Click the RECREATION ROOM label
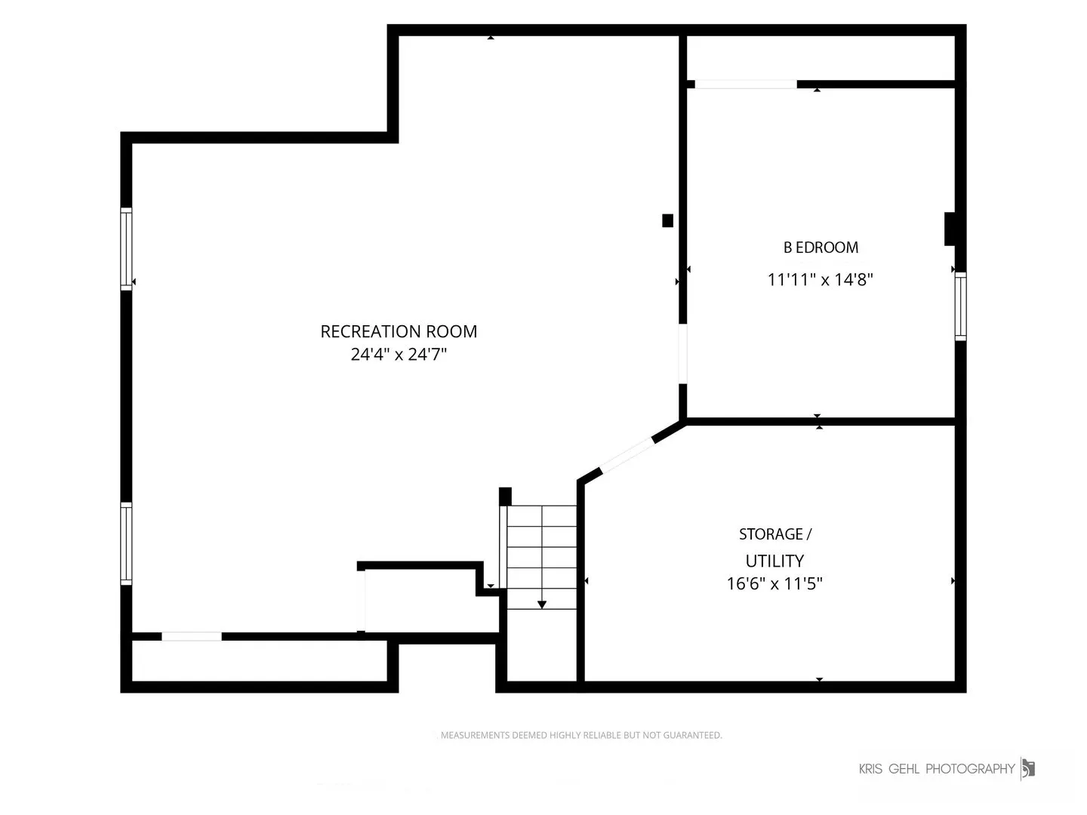[x=399, y=331]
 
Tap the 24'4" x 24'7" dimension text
[x=399, y=355]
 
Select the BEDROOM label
[x=821, y=248]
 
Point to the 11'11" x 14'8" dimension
[x=820, y=279]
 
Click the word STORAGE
[x=771, y=534]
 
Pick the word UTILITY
[x=774, y=561]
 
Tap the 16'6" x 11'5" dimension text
[x=774, y=584]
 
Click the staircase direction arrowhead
[x=542, y=604]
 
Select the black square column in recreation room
[x=667, y=220]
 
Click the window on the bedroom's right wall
[x=960, y=306]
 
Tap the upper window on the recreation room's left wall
[x=126, y=249]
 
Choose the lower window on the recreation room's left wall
[x=126, y=543]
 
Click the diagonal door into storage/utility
[x=627, y=455]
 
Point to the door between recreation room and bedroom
[x=682, y=354]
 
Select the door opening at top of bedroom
[x=746, y=84]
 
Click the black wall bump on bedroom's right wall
[x=950, y=229]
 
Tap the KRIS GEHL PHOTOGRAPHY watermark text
[x=937, y=768]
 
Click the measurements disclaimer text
[x=581, y=735]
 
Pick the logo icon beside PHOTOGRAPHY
[x=1028, y=769]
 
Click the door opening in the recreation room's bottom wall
[x=192, y=637]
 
